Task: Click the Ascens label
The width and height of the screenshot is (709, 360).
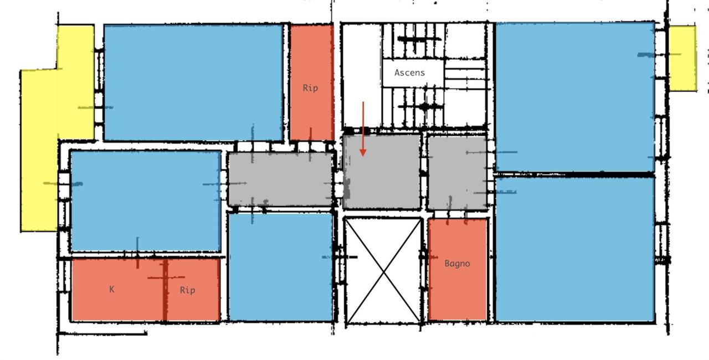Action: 410,73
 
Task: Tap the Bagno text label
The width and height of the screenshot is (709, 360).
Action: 457,264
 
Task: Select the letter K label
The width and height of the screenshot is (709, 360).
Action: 112,289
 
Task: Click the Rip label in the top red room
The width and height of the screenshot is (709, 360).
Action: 310,88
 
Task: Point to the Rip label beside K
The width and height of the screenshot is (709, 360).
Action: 187,290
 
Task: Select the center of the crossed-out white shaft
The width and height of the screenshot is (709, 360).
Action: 383,270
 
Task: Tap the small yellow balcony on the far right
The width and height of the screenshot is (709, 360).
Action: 682,58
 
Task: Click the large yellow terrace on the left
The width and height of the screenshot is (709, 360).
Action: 40,150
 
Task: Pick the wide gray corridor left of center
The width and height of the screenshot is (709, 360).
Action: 280,178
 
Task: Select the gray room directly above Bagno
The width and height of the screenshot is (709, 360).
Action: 456,173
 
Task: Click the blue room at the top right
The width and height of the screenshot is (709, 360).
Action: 575,97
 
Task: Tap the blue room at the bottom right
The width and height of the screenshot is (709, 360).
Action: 575,249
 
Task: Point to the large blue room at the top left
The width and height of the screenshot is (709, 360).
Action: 193,82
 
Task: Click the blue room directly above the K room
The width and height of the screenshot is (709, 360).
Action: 145,200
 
